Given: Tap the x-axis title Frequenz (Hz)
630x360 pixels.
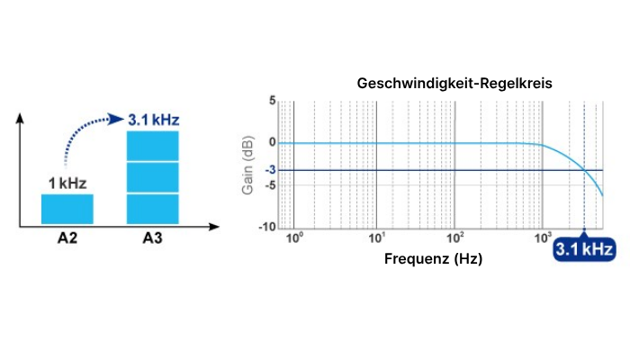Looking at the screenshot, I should pos(434,258).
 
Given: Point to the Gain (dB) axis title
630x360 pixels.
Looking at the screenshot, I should pos(247,165).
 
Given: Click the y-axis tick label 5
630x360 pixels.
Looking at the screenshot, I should pos(273,102).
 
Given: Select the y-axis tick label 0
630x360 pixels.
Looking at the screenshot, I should pos(273,142).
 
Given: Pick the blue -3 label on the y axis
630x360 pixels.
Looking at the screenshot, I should pos(270,170).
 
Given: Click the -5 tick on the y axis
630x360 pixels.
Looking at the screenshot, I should pos(270,185).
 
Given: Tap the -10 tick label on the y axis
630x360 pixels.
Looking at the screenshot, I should pos(268,227).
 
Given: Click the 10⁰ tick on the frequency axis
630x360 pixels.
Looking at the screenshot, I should pos(292,238).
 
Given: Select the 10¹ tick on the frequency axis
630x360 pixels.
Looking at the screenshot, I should pos(377,238).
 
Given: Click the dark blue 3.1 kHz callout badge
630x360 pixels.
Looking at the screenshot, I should pos(584,248).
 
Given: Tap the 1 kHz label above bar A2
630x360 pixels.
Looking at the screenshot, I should pos(67,184).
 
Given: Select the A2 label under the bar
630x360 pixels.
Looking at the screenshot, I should pos(67,238).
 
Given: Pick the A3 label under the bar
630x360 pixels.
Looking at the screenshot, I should pos(153,238).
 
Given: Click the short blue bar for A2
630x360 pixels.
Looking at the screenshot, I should pos(67,209).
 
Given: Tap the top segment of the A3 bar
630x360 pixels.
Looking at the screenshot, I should pos(153,146).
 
